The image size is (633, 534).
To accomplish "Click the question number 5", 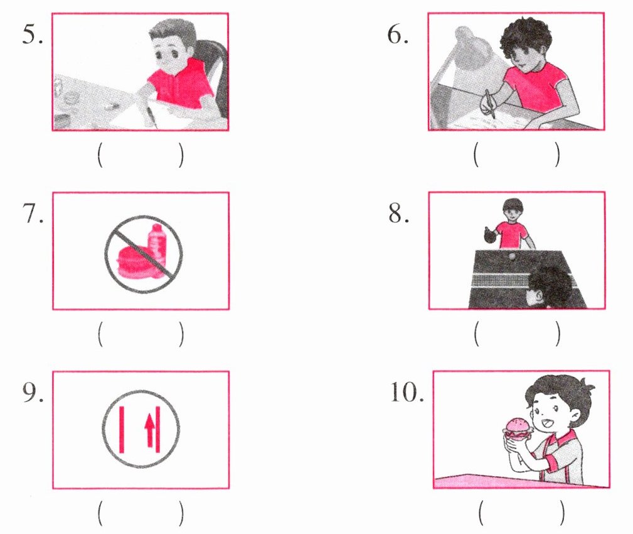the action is point(32,34).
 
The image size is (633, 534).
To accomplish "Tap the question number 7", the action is point(33,214).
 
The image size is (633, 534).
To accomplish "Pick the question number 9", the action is point(33,392).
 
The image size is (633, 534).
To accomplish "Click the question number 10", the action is point(407,392).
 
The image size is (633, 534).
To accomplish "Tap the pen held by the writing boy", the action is point(490,104).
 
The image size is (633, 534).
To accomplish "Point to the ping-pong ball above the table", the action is point(512,256).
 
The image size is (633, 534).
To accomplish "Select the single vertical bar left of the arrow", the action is point(122,429).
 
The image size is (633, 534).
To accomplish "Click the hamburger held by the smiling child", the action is point(517,429).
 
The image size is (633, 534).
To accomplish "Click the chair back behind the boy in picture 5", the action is point(215,73).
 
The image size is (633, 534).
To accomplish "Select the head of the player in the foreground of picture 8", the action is point(548,287).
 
